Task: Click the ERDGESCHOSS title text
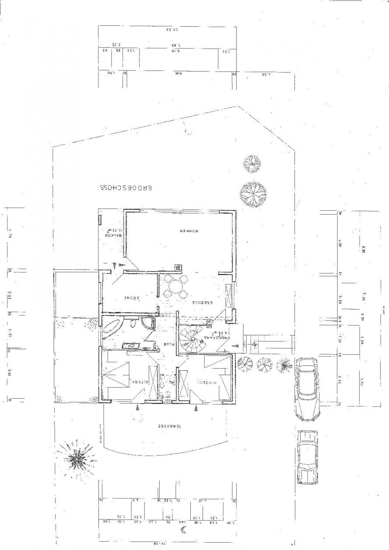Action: (x=126, y=188)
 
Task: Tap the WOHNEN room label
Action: (x=189, y=230)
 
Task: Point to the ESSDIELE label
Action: (x=203, y=303)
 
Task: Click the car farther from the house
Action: (x=307, y=457)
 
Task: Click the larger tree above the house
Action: (x=253, y=193)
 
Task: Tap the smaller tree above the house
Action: (x=252, y=163)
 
